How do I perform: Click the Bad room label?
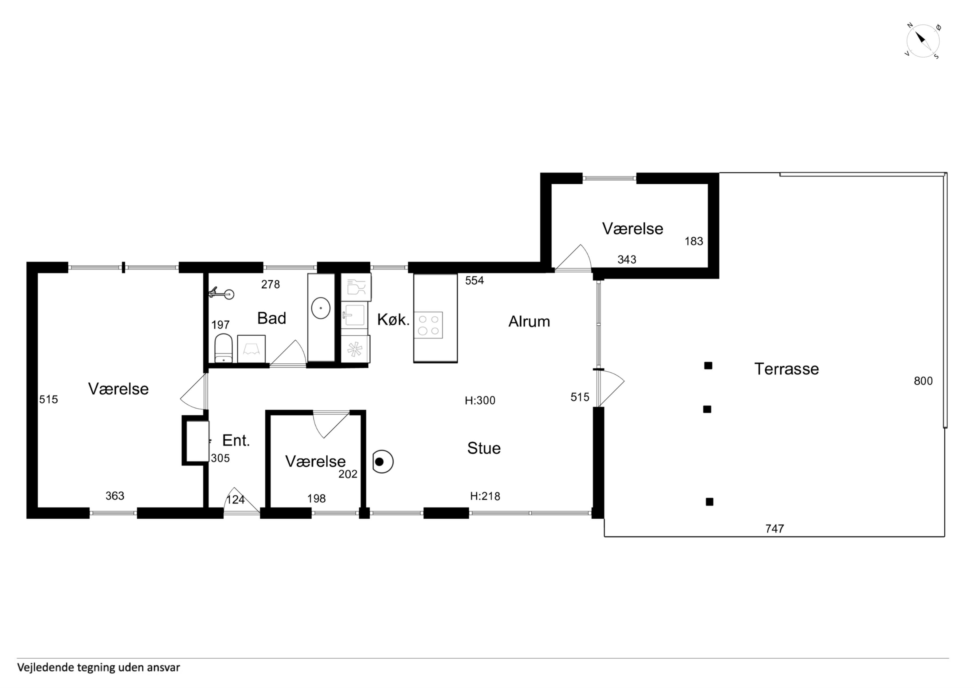coord(272,318)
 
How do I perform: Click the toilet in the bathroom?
coord(223,348)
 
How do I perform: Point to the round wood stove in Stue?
coord(382,462)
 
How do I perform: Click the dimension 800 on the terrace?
coord(923,381)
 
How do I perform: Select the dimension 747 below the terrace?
coord(775,529)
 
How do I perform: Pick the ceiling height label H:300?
coord(480,401)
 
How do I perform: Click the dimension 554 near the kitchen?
coord(474,281)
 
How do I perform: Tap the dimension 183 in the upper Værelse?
coord(694,241)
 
